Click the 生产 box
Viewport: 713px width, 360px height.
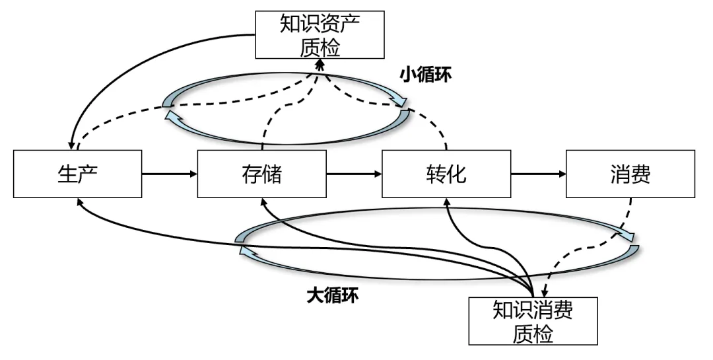tap(77, 174)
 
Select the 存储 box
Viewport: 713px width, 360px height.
tap(261, 174)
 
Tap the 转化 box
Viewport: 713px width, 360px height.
tap(446, 174)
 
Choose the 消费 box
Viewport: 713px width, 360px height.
tap(630, 174)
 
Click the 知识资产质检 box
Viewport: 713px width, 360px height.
tap(320, 36)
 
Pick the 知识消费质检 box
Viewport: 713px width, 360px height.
tap(533, 321)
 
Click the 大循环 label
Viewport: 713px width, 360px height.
tap(333, 295)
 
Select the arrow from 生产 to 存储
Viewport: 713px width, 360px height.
tap(170, 174)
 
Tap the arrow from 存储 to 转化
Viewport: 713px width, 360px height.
tap(354, 174)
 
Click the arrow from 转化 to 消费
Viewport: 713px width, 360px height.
tap(538, 174)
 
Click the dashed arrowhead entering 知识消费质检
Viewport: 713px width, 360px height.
tap(545, 293)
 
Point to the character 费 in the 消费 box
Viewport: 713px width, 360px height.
tap(641, 174)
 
